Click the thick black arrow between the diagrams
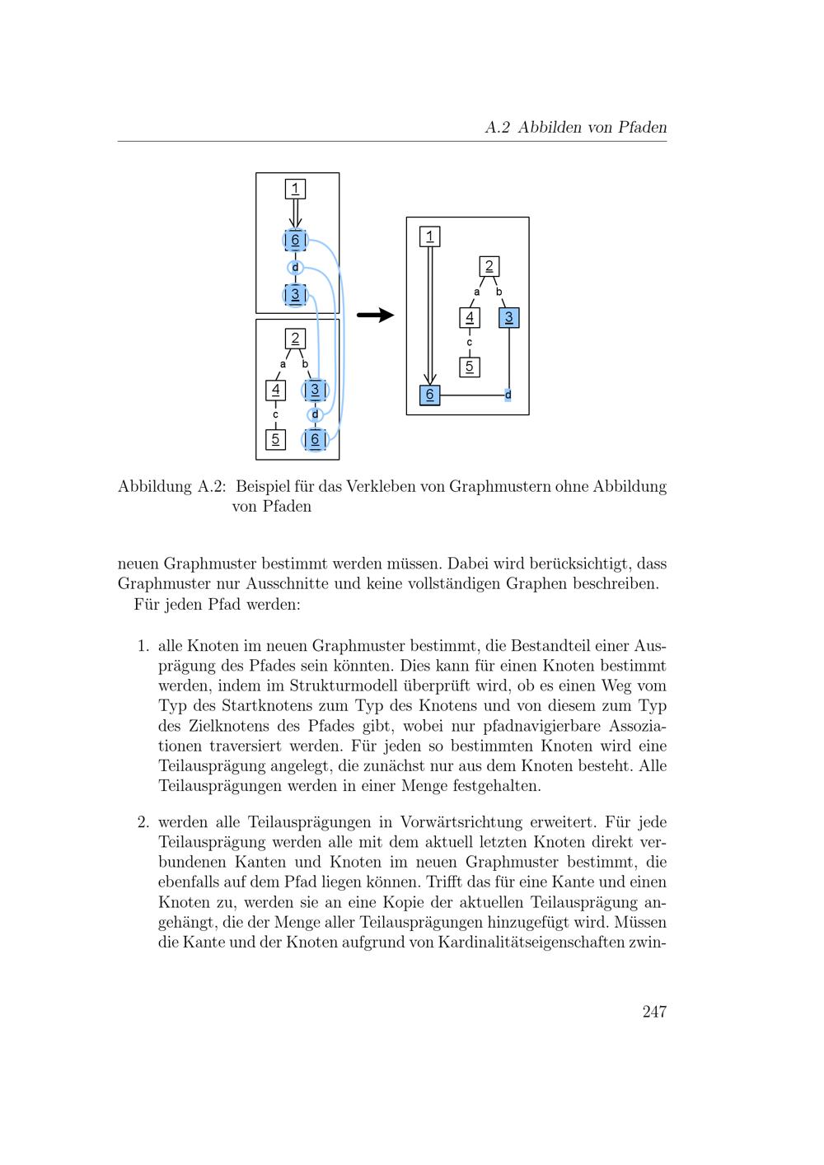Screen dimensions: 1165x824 [375, 316]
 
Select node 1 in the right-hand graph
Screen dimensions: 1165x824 [429, 237]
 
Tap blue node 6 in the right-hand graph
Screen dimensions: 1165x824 [429, 395]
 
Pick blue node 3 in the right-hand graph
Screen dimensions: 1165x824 [508, 317]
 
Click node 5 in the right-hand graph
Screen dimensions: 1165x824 [469, 367]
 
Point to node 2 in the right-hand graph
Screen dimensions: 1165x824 [489, 266]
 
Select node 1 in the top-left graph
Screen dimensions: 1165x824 [295, 189]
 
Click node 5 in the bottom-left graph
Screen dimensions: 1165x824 [275, 439]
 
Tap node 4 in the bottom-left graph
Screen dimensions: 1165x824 [275, 390]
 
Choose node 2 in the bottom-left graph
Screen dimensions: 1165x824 [295, 338]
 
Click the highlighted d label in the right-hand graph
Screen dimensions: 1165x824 [508, 395]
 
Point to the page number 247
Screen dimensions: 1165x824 [654, 1012]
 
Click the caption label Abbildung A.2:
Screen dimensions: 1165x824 [171, 486]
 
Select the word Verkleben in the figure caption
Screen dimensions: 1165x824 [382, 486]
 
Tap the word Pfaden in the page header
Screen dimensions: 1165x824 [639, 128]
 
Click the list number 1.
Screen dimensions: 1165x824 [143, 646]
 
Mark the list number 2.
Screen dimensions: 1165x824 [143, 822]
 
